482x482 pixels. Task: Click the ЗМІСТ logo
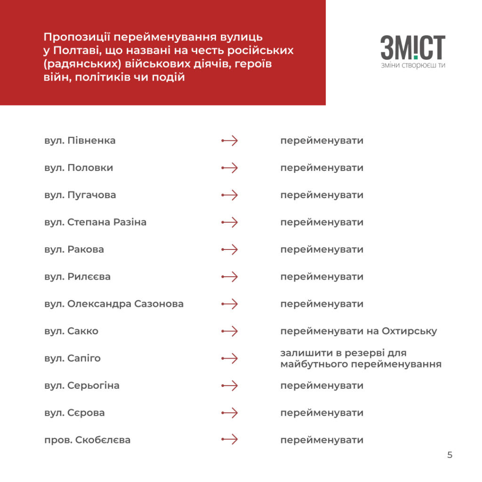click(413, 48)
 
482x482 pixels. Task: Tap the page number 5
click(450, 455)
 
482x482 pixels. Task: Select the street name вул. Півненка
click(80, 141)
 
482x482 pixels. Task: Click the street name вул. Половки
click(79, 168)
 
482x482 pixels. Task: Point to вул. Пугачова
click(80, 195)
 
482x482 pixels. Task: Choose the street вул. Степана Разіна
click(95, 222)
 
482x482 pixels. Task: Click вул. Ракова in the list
click(74, 249)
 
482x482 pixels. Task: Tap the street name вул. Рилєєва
click(77, 277)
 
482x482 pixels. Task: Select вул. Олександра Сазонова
click(113, 304)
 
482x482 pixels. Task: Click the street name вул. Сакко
click(71, 331)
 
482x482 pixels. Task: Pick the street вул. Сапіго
click(72, 359)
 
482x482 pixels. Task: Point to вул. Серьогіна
click(82, 386)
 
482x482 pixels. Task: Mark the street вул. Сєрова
click(74, 413)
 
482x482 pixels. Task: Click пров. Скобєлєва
click(87, 441)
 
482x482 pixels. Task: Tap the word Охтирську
click(410, 331)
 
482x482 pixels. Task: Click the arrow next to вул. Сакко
click(230, 331)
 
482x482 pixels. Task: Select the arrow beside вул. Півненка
click(230, 141)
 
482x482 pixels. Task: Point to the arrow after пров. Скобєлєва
click(230, 440)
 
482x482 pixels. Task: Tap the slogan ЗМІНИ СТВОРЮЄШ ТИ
click(413, 65)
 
